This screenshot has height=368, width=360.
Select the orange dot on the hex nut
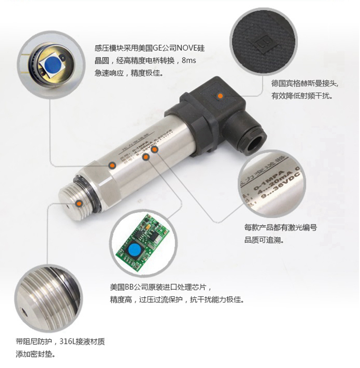point(112,165)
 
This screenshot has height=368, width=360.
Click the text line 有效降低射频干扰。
point(302,96)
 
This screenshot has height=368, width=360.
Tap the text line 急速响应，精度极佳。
point(129,73)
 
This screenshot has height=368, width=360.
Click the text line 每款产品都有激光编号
point(281,227)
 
